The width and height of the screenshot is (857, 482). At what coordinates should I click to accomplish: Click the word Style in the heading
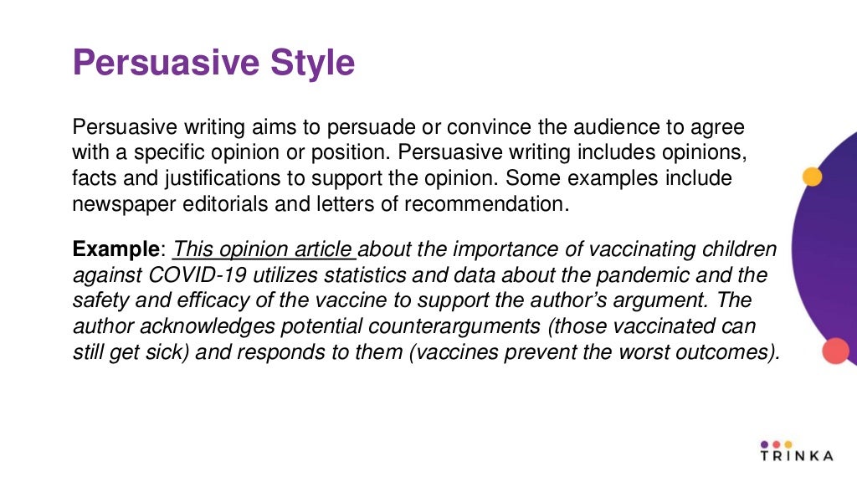309,64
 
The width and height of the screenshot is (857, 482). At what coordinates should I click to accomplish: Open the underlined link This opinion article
264,249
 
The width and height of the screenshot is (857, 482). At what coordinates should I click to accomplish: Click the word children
732,249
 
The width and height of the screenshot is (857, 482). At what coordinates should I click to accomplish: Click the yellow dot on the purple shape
812,177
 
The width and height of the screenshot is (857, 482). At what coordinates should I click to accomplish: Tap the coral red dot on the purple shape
835,351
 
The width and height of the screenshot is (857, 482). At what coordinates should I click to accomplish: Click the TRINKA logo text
797,456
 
